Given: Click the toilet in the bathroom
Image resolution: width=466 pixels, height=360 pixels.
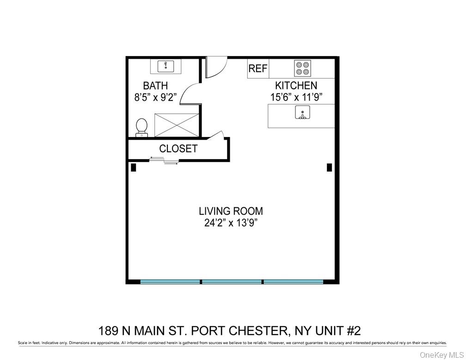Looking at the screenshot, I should click(141, 127).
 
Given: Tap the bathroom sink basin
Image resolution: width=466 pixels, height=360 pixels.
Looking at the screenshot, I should click(166, 66).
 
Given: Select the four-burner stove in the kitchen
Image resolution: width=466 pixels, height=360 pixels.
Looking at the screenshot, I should click(303, 68).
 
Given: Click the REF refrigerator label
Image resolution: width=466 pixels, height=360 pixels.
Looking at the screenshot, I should click(258, 68).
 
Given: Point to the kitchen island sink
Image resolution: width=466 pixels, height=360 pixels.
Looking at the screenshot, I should click(302, 113).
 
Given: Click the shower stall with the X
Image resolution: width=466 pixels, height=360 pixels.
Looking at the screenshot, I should click(177, 125).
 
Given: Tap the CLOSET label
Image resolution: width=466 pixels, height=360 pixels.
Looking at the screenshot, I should click(178, 149).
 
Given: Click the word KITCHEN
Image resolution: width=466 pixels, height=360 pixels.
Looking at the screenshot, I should click(296, 86).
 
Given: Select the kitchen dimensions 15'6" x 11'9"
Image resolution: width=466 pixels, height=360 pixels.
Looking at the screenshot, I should click(296, 97).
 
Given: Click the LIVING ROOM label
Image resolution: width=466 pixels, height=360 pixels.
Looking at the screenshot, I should click(231, 211).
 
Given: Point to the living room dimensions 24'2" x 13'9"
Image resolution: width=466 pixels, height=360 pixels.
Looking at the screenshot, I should click(231, 223).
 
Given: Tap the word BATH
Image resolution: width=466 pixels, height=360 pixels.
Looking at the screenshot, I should click(155, 86).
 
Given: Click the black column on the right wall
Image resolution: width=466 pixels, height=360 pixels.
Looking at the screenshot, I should click(329, 168).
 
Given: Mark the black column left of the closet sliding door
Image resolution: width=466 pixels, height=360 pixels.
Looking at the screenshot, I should click(133, 168).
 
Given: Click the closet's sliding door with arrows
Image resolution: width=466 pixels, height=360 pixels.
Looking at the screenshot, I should click(164, 161).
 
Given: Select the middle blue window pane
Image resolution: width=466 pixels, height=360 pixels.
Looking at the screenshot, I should click(232, 281).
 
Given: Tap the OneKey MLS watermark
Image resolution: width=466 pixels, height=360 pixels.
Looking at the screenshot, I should click(441, 354).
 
